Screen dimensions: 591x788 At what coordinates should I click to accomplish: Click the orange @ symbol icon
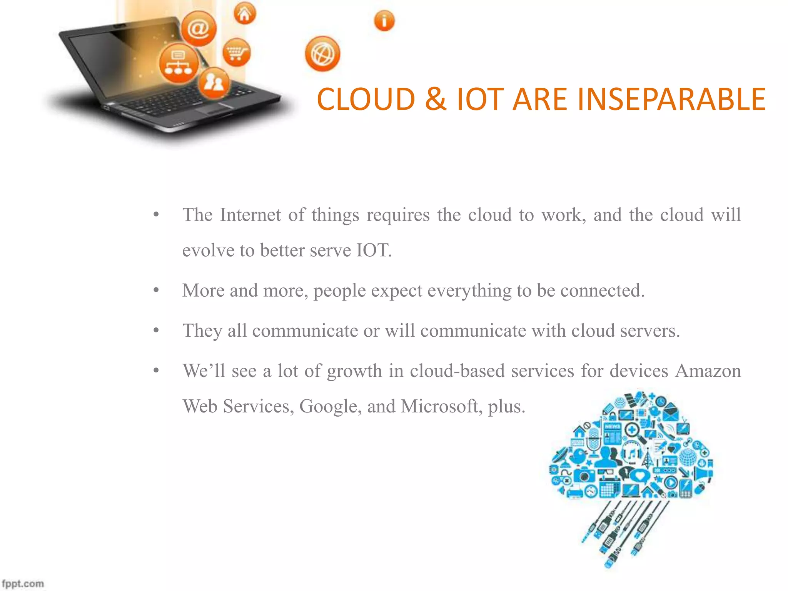pyautogui.click(x=199, y=29)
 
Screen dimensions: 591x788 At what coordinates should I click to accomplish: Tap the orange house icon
pyautogui.click(x=245, y=14)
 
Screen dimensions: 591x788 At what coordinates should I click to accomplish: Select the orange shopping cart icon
pyautogui.click(x=236, y=52)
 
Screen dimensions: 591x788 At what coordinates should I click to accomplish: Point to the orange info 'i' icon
pyautogui.click(x=384, y=21)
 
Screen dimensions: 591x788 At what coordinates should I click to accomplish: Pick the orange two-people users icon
pyautogui.click(x=214, y=83)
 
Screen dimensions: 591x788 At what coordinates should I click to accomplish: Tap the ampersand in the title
pyautogui.click(x=436, y=99)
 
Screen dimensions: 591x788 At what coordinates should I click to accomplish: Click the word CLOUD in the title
pyautogui.click(x=366, y=99)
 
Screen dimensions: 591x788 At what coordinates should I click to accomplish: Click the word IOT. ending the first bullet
pyautogui.click(x=374, y=250)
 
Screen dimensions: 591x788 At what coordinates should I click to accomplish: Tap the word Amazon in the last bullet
pyautogui.click(x=708, y=371)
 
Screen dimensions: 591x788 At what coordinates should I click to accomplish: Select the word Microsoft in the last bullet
pyautogui.click(x=441, y=406)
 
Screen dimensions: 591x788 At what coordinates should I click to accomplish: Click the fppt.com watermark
pyautogui.click(x=23, y=584)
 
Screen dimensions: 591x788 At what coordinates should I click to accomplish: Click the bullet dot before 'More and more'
pyautogui.click(x=156, y=290)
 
